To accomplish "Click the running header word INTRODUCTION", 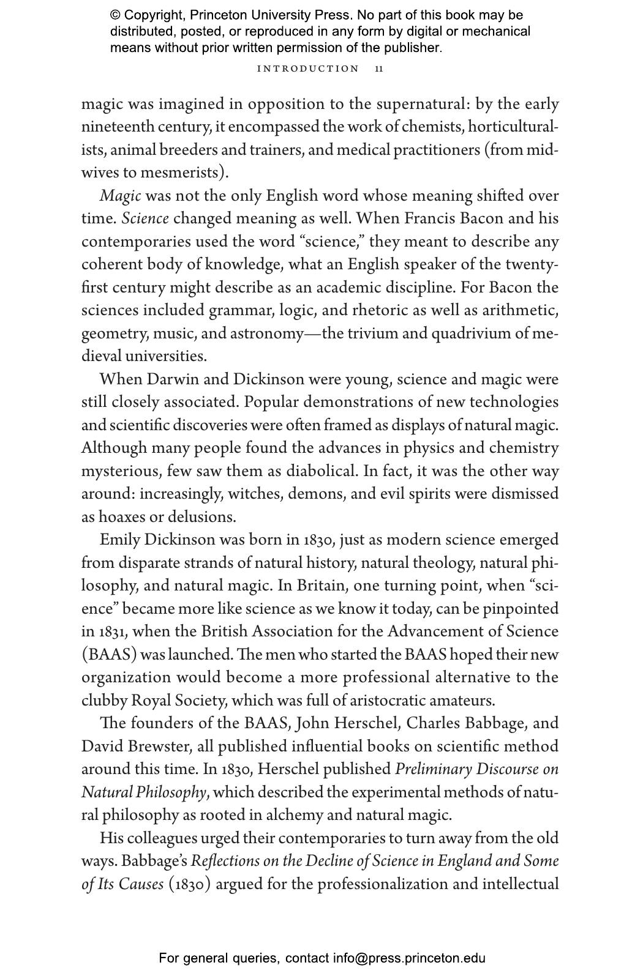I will (x=308, y=69).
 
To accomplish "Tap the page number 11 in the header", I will (x=379, y=69).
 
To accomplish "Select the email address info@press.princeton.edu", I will (x=409, y=958).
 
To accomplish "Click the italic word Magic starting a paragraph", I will (x=120, y=196).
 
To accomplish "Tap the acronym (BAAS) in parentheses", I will (x=109, y=655).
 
